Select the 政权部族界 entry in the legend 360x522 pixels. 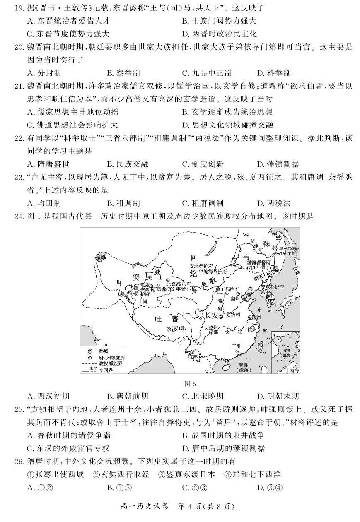coord(109,363)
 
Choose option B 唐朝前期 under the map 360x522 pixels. coord(124,396)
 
